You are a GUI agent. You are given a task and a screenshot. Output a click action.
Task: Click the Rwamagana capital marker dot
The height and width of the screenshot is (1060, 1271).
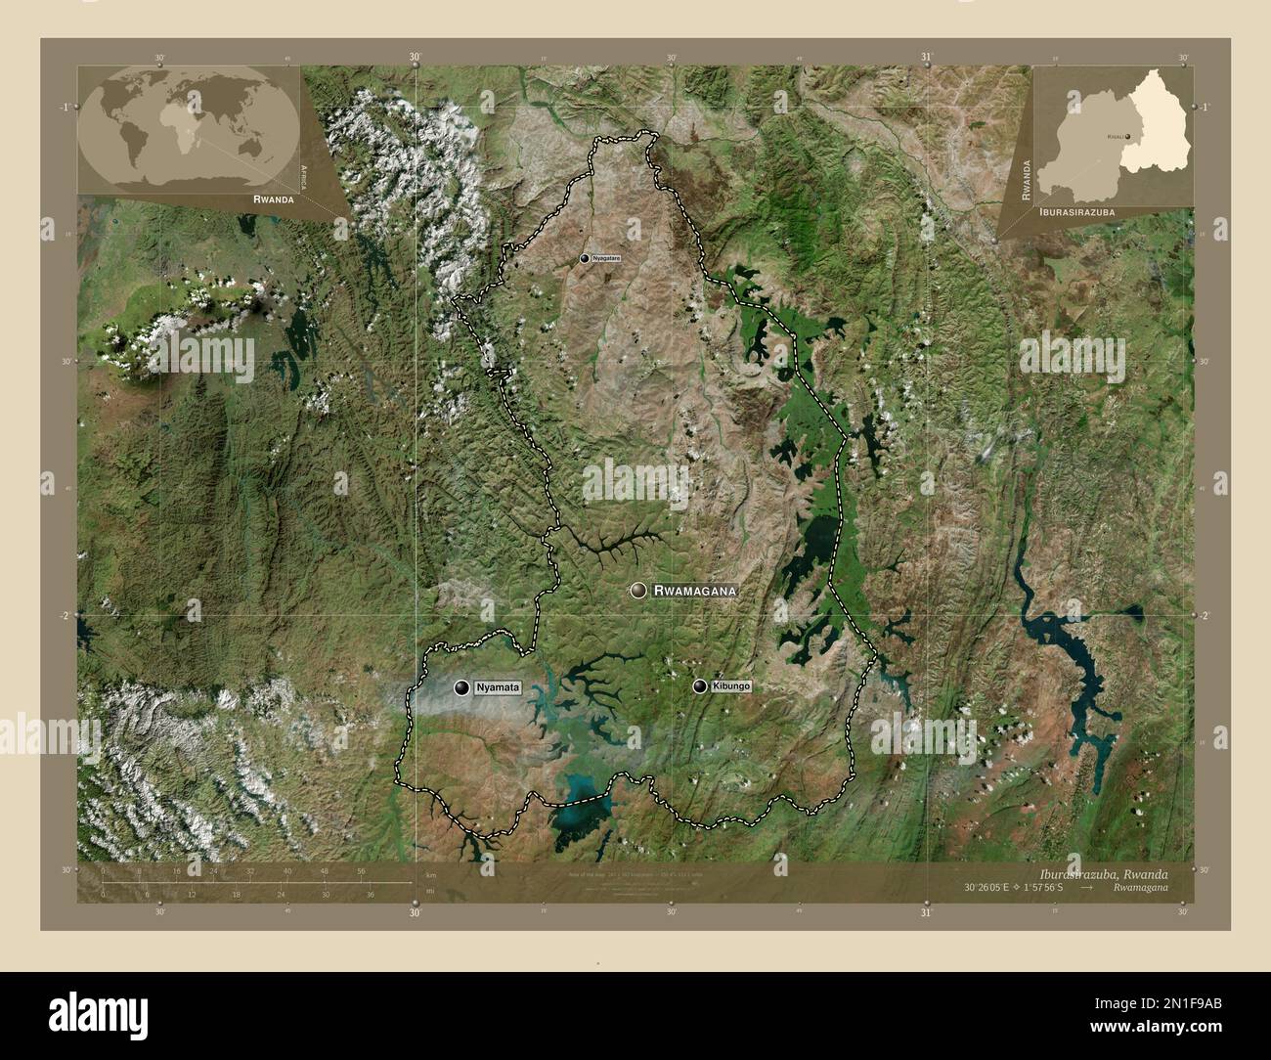coord(638,590)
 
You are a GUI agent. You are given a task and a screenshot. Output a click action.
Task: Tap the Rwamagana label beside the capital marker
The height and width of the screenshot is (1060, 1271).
coord(693,592)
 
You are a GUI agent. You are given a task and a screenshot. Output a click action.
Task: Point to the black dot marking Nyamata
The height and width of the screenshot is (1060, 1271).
coord(460,688)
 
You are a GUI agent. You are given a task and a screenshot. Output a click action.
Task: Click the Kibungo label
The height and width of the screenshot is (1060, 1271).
coord(731,687)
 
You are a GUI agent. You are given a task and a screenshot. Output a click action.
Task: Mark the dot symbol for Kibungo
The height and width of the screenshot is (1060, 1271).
coord(700,686)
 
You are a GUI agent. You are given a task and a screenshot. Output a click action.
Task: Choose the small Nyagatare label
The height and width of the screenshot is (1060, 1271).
coord(607,258)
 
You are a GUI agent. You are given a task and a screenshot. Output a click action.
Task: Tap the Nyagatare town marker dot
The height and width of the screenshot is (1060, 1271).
coord(585,258)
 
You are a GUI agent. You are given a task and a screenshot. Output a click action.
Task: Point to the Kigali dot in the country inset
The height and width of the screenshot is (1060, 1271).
coord(1127,136)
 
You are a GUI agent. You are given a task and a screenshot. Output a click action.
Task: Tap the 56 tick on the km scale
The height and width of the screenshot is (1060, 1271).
coord(362,870)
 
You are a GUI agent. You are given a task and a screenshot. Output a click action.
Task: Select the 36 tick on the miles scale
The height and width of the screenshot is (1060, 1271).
coord(370,894)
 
